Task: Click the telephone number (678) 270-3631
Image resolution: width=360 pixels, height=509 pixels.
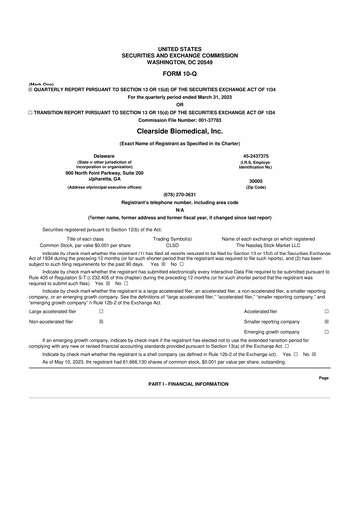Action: point(179,195)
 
